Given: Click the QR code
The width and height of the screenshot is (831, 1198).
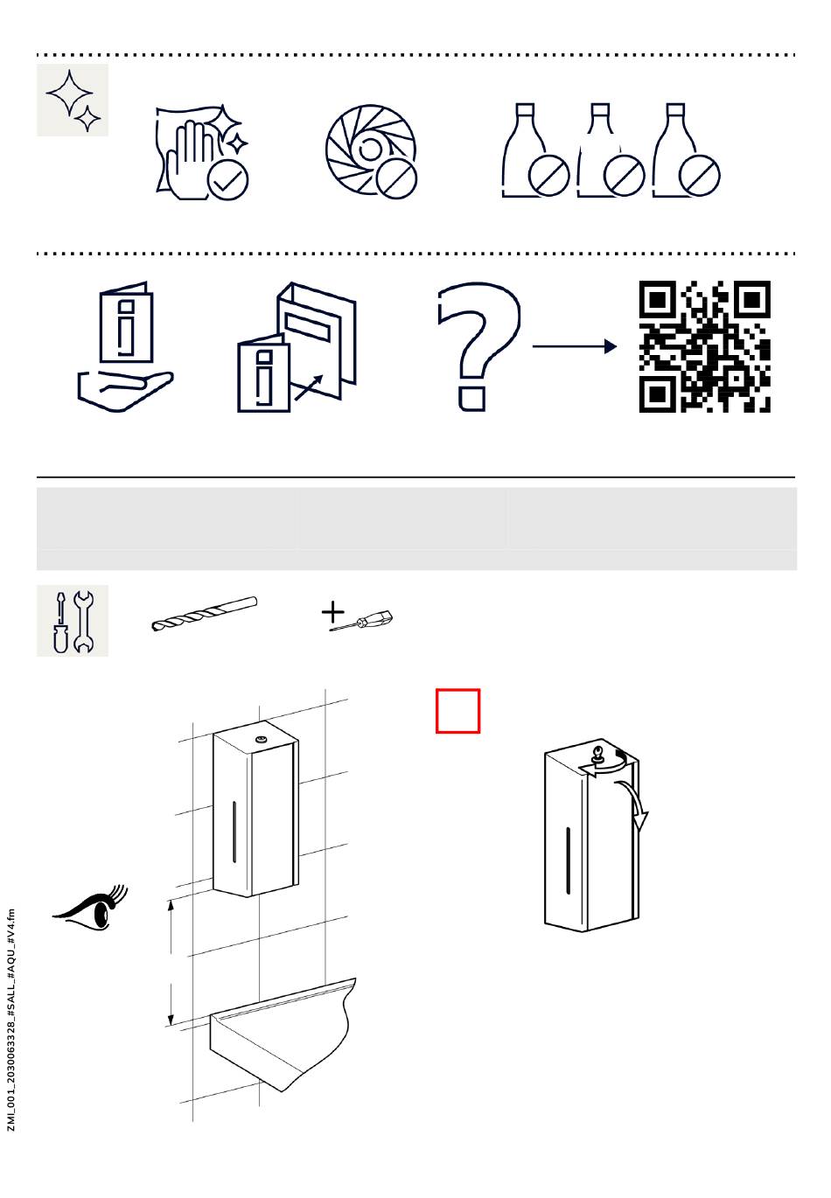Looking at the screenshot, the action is pos(705,346).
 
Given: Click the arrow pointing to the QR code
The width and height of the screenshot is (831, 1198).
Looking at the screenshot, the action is pos(574,346).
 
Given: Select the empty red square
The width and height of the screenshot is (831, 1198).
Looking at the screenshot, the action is pos(457,711).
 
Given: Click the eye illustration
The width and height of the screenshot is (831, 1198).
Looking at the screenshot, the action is pos(90,909).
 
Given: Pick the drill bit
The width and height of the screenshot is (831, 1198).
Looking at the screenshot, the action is pos(204,614).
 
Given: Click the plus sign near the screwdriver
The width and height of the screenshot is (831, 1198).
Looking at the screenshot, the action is pos(332,612).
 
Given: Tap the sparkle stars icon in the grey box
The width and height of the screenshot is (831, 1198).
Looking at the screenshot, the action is pos(73,100).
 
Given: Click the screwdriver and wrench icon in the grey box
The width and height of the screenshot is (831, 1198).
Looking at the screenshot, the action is pos(73,620).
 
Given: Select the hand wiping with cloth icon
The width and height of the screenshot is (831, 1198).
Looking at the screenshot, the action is pos(202,152).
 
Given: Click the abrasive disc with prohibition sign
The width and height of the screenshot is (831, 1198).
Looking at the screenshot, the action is pos(372,151).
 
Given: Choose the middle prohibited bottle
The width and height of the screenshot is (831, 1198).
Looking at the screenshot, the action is pos(611,150).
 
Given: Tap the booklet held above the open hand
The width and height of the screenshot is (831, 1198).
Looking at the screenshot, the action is pos(126,323).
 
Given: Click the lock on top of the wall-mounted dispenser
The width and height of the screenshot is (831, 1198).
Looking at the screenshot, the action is pos(262,739).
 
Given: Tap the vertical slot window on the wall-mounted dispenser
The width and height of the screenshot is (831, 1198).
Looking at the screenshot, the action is pos(234,831).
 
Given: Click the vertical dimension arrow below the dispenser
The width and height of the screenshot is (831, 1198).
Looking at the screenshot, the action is pos(171,962).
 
